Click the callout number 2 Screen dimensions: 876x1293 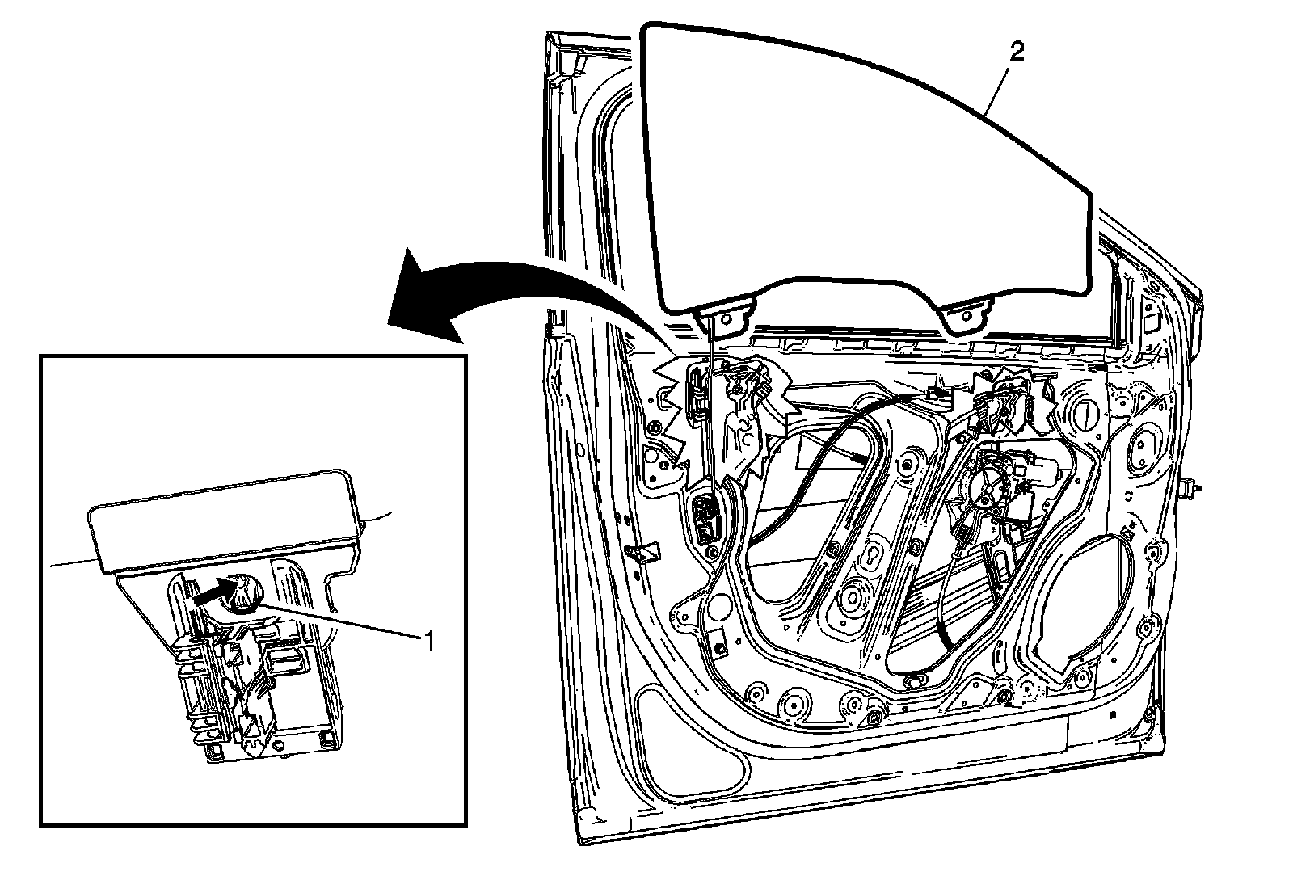1017,53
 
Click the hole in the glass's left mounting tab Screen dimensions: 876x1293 722,318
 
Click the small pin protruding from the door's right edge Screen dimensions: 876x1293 1190,488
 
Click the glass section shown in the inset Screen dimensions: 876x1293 222,517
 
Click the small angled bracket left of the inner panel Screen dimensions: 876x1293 644,553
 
